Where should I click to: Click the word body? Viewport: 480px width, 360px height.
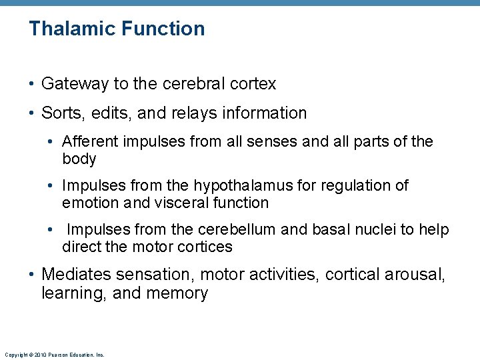pos(79,159)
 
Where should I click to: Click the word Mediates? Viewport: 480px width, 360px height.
pos(75,274)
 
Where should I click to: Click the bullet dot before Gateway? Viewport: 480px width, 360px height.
pos(33,85)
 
